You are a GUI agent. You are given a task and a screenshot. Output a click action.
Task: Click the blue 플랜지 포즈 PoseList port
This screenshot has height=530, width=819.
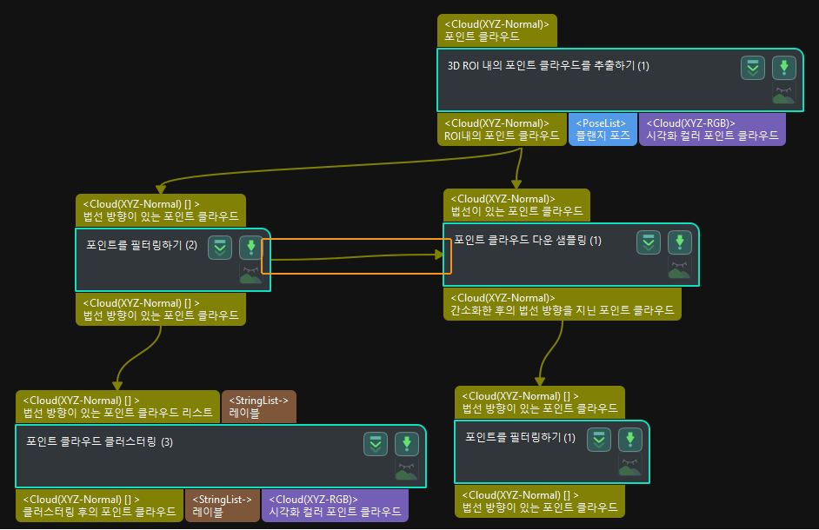pos(601,129)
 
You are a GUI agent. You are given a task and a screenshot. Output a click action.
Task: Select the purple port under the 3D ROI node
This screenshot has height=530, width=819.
pos(712,129)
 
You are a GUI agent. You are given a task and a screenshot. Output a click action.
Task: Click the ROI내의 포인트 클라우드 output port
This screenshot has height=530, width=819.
pos(502,129)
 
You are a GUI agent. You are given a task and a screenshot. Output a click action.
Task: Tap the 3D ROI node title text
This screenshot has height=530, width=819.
pos(548,66)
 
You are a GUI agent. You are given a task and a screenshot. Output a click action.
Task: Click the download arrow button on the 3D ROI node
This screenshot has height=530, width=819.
pos(784,68)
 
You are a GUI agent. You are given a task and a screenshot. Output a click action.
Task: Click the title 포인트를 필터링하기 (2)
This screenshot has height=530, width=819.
pos(142,245)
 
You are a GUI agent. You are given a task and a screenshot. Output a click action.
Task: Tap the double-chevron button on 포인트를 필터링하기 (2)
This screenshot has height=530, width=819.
pos(221,247)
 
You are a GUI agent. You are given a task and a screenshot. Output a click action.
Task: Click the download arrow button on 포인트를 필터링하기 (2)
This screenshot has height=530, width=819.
pos(251,247)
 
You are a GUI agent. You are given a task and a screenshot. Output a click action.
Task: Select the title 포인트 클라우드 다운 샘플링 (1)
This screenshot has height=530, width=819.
pos(528,240)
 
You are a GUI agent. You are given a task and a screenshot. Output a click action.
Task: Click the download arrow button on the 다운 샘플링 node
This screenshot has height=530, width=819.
pos(679,242)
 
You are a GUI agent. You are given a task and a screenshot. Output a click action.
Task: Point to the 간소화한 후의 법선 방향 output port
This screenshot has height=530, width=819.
pos(562,304)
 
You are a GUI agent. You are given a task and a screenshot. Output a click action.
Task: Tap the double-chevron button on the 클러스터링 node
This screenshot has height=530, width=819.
pos(376,443)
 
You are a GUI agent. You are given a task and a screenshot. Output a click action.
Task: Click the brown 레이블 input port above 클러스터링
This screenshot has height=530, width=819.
pos(259,407)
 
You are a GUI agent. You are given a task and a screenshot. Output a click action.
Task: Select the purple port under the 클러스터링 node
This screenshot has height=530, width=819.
pos(335,506)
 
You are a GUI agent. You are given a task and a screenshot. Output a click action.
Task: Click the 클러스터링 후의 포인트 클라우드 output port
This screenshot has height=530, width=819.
pos(100,506)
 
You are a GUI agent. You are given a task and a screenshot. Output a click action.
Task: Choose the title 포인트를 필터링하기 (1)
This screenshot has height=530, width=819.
pos(520,437)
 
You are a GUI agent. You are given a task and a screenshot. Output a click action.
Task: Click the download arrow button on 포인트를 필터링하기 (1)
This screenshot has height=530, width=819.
pos(629,439)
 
